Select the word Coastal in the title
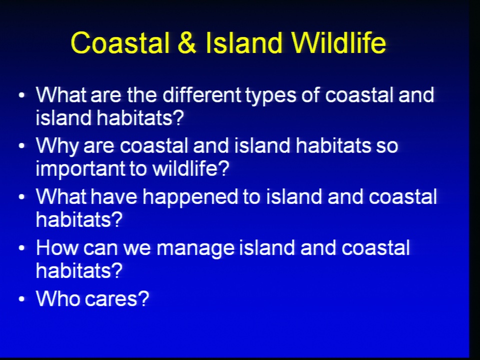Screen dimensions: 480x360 120,43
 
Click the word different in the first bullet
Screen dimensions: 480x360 201,95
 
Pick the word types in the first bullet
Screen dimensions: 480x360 270,96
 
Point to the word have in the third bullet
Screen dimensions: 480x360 114,197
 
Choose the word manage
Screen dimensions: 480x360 195,249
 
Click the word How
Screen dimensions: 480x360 57,247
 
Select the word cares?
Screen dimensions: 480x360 116,298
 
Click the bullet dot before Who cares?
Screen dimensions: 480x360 21,299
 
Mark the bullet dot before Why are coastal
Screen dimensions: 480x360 21,146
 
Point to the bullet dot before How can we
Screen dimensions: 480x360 21,248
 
